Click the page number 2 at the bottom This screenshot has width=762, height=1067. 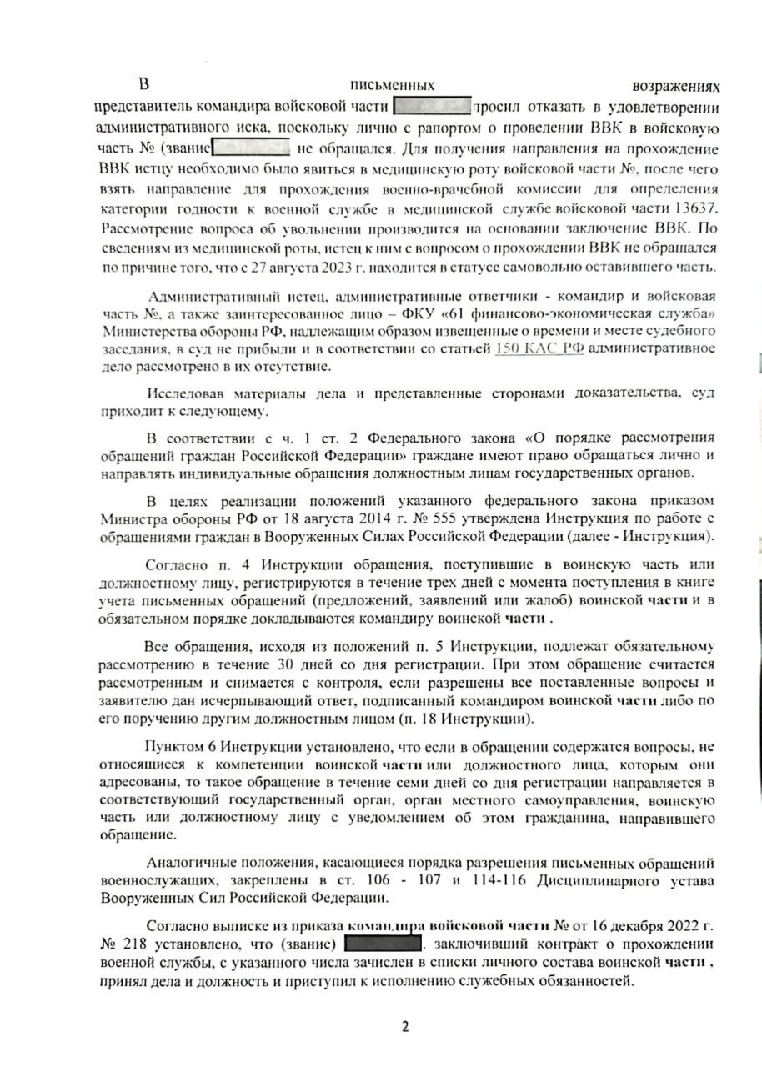point(405,1026)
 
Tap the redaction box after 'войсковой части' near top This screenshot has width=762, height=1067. point(430,107)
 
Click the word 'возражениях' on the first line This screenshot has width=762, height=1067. point(676,86)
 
